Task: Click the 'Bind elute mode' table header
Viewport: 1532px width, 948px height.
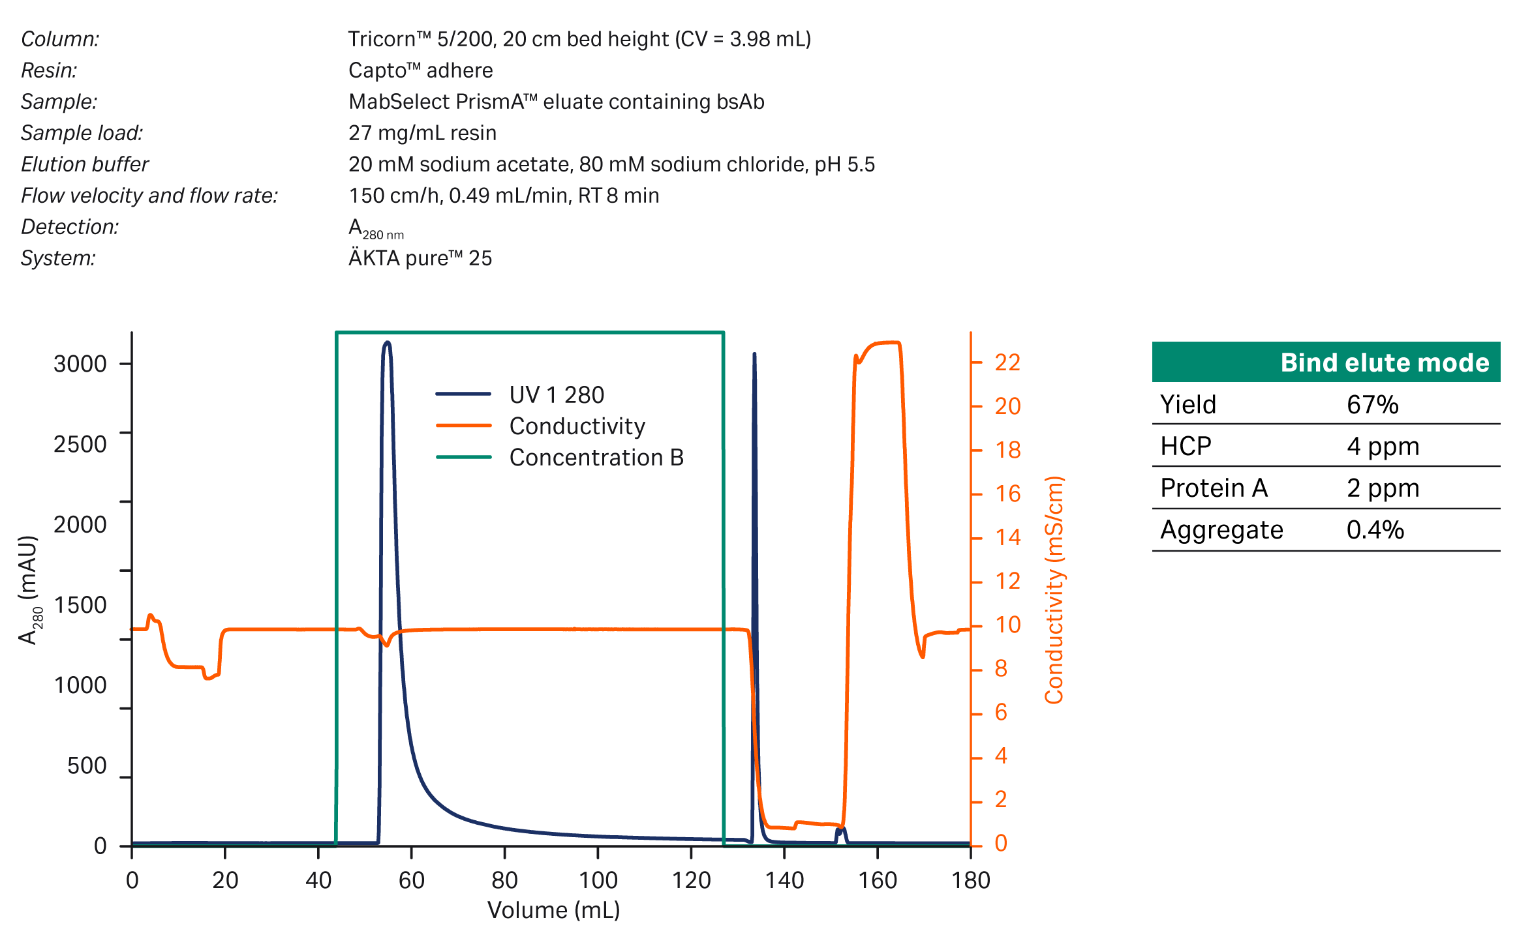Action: (x=1384, y=363)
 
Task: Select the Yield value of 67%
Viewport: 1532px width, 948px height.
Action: (x=1372, y=405)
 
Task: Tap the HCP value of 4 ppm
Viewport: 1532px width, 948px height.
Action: (x=1383, y=447)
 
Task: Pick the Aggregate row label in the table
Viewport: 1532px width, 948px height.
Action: (x=1221, y=530)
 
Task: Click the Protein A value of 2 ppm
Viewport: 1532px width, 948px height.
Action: (x=1383, y=488)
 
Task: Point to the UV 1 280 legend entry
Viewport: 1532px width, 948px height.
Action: (x=556, y=394)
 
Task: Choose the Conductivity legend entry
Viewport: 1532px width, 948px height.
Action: (x=577, y=426)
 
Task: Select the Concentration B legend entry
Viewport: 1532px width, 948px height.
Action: (x=596, y=458)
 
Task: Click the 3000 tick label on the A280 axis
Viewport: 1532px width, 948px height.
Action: (x=80, y=364)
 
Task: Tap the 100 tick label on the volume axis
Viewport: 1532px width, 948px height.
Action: (x=598, y=881)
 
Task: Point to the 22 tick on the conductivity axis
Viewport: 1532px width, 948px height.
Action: (x=1007, y=363)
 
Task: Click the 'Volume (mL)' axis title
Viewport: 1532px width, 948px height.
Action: (x=553, y=910)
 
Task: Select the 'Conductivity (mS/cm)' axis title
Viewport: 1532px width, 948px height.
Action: (x=1054, y=590)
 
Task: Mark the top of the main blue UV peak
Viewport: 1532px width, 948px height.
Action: (x=387, y=342)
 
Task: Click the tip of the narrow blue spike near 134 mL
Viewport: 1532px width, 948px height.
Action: (x=754, y=354)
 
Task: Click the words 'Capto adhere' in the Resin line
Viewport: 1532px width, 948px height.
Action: (x=420, y=70)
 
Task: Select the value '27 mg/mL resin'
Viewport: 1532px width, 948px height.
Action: (x=422, y=133)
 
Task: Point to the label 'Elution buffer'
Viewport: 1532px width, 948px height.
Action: (x=85, y=164)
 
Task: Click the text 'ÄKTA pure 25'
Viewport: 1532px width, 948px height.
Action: (x=420, y=258)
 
